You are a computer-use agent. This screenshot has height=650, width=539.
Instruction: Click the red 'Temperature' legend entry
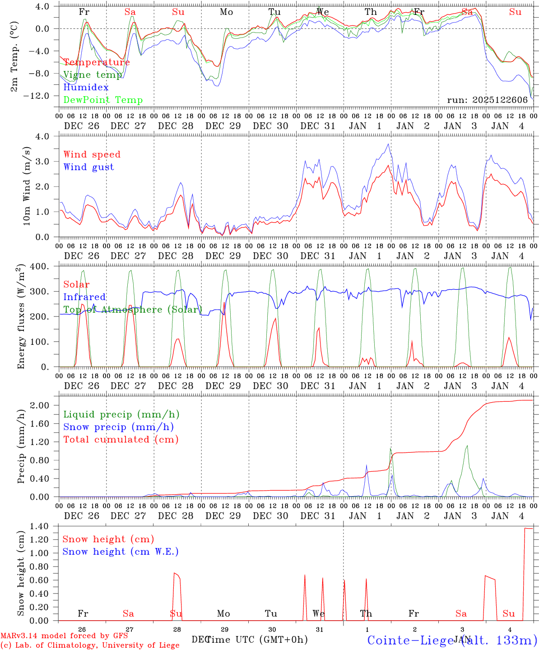97,62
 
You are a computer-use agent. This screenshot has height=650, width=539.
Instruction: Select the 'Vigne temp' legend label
93,75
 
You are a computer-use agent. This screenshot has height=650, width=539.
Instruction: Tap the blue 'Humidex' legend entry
86,88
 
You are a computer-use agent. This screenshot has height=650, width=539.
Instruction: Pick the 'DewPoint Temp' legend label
103,100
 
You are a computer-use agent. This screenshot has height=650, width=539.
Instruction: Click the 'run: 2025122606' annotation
488,100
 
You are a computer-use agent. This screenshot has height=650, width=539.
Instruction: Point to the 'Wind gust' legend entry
89,167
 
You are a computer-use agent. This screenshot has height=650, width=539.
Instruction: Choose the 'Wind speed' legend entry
92,154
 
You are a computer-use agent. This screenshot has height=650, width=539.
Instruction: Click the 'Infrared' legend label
84,297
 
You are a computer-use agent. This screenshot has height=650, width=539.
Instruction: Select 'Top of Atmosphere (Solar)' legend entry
133,310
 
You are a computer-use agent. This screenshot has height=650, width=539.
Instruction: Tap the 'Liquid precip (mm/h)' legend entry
121,414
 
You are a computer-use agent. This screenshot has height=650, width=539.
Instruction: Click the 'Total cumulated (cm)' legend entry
121,440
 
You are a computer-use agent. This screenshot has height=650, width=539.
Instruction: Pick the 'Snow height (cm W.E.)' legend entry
121,552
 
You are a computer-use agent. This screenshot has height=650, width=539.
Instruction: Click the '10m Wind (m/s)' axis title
27,186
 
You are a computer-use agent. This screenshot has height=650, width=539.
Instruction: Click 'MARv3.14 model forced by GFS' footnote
64,636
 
